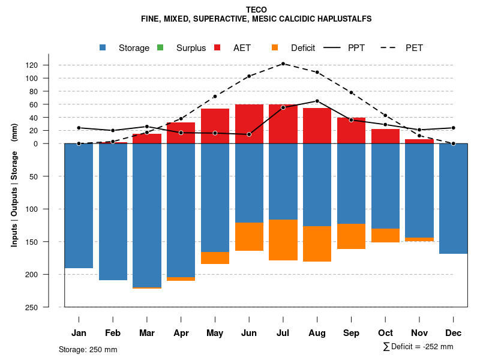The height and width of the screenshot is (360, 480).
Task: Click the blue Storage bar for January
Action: [79, 206]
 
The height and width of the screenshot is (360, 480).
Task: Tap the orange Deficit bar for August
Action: [317, 244]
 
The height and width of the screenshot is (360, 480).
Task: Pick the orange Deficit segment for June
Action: [249, 236]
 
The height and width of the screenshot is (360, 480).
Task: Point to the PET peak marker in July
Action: [283, 64]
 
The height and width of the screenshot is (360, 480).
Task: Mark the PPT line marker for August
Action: [317, 101]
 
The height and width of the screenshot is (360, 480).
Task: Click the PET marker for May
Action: [215, 96]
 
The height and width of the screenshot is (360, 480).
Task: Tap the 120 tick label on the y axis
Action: [49, 65]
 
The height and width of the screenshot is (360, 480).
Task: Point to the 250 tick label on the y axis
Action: [49, 307]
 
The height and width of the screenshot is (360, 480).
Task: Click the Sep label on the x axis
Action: [351, 333]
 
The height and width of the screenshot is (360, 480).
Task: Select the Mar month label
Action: [147, 333]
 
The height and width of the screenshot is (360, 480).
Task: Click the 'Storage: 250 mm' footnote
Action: [88, 349]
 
